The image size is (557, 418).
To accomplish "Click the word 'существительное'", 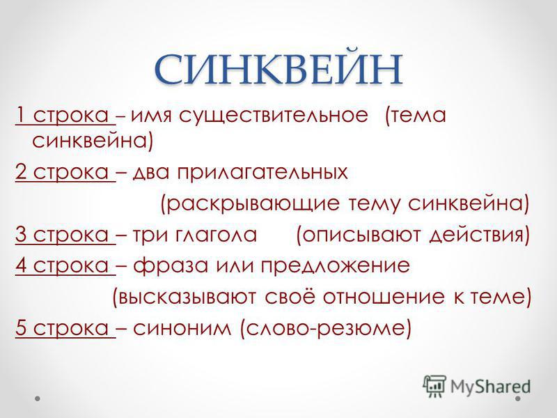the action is [x=273, y=116].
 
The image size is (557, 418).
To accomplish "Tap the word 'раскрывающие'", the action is [x=253, y=204].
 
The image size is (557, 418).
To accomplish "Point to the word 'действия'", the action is [x=476, y=235].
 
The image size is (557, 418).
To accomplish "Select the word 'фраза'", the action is [x=171, y=265].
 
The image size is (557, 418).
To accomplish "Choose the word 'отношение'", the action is [x=384, y=297].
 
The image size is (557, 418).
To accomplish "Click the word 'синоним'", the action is [x=182, y=328].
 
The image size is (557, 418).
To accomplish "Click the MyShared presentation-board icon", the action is [x=434, y=387].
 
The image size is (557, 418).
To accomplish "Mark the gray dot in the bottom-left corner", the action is [x=38, y=398].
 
